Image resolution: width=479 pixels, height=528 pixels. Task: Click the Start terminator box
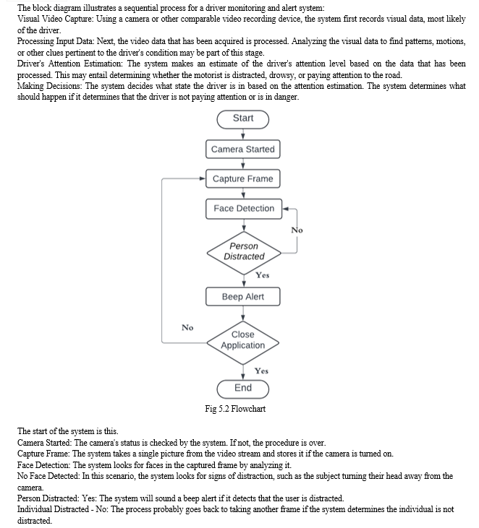[x=243, y=120]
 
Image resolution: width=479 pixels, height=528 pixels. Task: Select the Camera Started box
[x=243, y=150]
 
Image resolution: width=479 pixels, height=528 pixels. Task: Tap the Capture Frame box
[x=243, y=179]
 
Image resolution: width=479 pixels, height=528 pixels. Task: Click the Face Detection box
[x=244, y=209]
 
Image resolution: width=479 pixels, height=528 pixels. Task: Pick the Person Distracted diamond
[x=244, y=253]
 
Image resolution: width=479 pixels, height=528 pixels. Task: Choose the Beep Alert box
[x=243, y=297]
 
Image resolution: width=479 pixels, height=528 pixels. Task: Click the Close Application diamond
[x=243, y=343]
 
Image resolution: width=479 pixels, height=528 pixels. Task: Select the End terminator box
[x=243, y=389]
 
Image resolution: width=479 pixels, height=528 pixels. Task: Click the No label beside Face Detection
[x=297, y=230]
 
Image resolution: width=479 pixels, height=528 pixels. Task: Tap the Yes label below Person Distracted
[x=263, y=275]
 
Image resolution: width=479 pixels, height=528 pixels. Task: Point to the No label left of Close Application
[x=187, y=328]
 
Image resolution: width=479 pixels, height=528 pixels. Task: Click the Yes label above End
[x=261, y=371]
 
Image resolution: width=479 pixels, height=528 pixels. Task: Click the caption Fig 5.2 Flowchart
[x=235, y=409]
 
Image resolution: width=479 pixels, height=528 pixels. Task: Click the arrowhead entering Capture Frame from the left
[x=203, y=179]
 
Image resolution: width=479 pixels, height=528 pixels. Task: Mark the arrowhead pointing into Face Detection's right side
[x=285, y=209]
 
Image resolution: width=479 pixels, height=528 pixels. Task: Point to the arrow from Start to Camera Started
[x=243, y=134]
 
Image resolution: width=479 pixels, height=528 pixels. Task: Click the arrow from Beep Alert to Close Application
[x=243, y=313]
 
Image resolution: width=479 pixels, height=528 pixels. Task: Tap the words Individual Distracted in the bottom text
[x=53, y=509]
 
